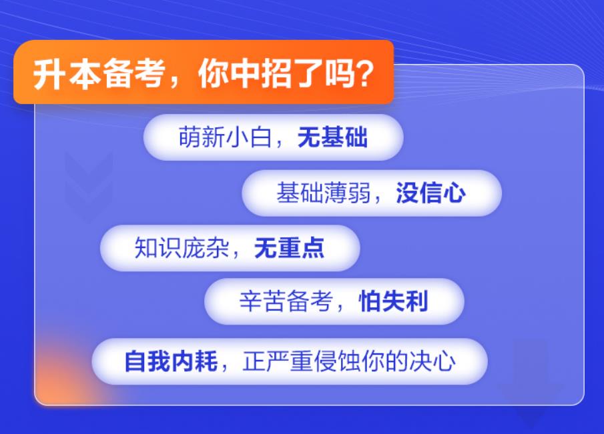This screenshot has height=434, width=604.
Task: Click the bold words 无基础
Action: click(332, 138)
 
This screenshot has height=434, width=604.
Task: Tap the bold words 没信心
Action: click(430, 193)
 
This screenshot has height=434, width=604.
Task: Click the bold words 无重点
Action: click(289, 248)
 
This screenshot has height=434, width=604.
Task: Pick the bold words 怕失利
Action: click(393, 301)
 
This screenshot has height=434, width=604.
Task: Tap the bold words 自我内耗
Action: click(171, 361)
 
